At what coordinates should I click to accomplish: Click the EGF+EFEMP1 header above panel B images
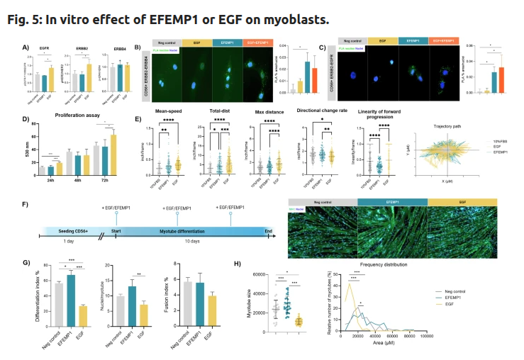(x=258, y=43)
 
